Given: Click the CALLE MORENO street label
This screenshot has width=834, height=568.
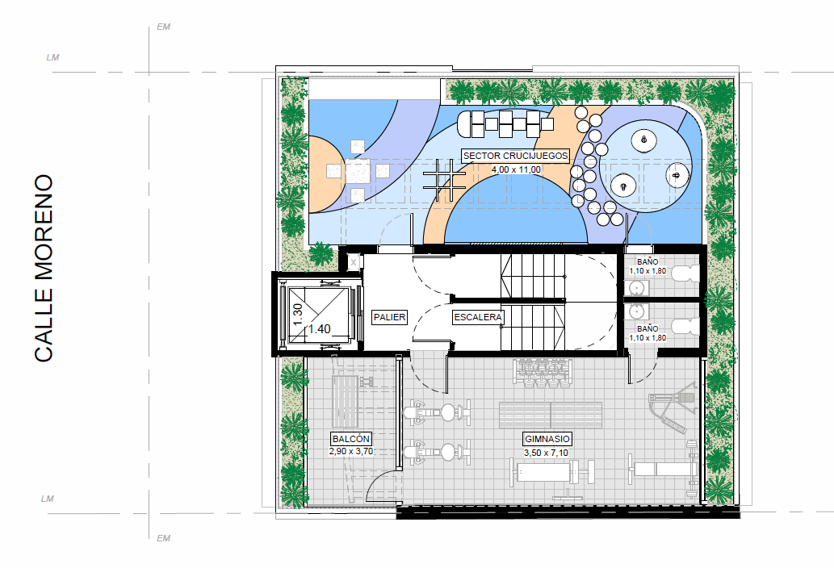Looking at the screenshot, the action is pyautogui.click(x=44, y=269).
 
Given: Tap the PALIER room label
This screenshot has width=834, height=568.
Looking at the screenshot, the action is pyautogui.click(x=389, y=317).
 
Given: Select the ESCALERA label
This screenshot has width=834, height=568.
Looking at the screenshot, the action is pyautogui.click(x=478, y=317).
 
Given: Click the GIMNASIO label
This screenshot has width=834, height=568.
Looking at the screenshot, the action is pyautogui.click(x=547, y=439).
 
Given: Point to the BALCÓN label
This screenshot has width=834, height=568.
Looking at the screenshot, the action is pyautogui.click(x=350, y=439).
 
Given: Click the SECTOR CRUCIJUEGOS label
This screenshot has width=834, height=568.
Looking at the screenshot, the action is pyautogui.click(x=515, y=156).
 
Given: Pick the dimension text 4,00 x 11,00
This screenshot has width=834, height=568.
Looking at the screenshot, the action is pyautogui.click(x=516, y=169).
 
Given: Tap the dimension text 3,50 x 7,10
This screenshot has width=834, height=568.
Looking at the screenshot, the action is pyautogui.click(x=547, y=453).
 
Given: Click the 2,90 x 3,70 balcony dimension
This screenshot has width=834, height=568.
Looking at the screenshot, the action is pyautogui.click(x=351, y=452).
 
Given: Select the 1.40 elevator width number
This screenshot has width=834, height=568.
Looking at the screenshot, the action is pyautogui.click(x=320, y=329).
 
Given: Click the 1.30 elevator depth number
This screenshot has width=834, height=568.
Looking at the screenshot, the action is pyautogui.click(x=298, y=314).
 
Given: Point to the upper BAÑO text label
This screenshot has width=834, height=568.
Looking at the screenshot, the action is pyautogui.click(x=648, y=261).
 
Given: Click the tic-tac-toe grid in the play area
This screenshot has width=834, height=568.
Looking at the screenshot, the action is pyautogui.click(x=445, y=181).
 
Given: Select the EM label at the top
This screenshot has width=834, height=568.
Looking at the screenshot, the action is pyautogui.click(x=163, y=27).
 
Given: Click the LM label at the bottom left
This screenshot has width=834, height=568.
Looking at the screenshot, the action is pyautogui.click(x=48, y=499).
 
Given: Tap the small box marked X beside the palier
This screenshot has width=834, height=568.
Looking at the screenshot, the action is pyautogui.click(x=354, y=262).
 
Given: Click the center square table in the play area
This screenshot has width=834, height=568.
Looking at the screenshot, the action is pyautogui.click(x=358, y=171).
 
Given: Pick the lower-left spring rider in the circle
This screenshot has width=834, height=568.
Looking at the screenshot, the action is pyautogui.click(x=622, y=186).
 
